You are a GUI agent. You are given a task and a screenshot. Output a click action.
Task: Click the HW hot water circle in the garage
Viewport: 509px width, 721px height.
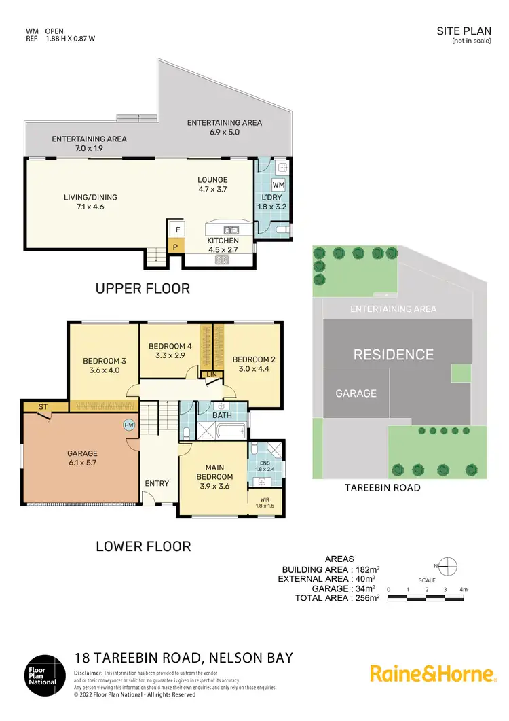129,425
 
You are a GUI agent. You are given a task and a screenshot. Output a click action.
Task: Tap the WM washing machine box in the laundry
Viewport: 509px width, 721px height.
278,185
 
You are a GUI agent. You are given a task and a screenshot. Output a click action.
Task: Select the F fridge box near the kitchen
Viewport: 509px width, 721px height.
175,229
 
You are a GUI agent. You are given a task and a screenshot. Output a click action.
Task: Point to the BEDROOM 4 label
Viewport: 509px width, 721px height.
170,345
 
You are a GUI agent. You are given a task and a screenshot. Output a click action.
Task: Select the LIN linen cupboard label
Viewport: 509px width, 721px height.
211,374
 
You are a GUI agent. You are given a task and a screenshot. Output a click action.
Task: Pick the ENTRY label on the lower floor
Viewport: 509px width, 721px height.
157,483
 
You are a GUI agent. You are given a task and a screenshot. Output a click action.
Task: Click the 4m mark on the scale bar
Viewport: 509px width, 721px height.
463,589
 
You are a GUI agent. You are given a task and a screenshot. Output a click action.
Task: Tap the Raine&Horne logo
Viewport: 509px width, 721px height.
432,673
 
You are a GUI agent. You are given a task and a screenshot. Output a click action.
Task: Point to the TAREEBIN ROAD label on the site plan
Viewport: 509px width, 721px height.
382,487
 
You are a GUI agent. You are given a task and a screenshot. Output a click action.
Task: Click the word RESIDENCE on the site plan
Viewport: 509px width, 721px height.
393,354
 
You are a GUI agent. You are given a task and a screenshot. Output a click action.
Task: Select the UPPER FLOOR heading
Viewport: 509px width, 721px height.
143,288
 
